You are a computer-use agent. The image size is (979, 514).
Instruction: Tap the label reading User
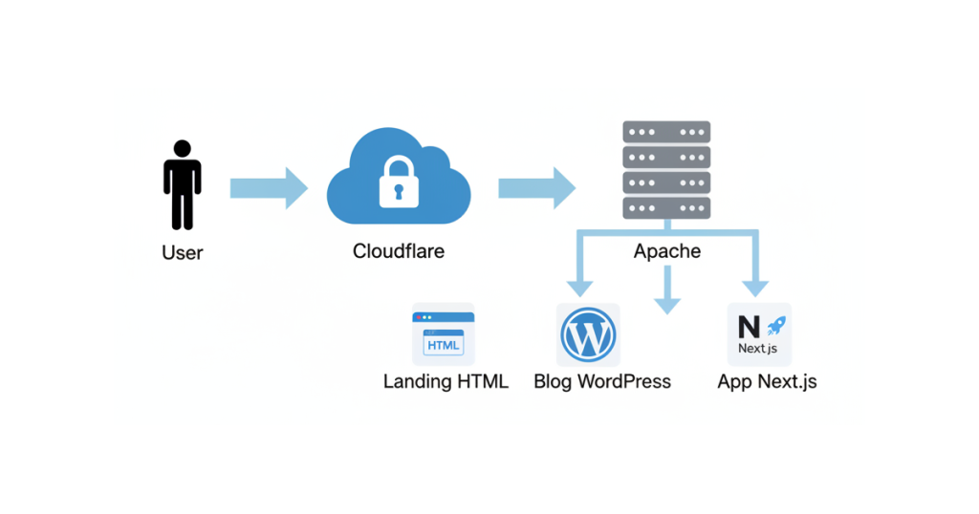click(182, 253)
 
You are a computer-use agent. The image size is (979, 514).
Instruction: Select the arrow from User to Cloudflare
click(269, 187)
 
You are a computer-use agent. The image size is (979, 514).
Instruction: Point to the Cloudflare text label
click(399, 252)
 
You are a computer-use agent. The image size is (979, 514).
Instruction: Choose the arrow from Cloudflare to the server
click(536, 187)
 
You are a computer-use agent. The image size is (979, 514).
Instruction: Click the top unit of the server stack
click(666, 132)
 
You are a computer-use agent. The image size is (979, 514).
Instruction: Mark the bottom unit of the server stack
click(666, 207)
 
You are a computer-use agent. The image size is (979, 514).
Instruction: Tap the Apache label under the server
click(666, 252)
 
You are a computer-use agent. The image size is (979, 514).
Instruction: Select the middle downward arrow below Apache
click(666, 291)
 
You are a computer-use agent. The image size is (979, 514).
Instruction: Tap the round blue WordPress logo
click(588, 334)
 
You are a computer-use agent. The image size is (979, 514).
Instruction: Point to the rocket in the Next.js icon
click(775, 326)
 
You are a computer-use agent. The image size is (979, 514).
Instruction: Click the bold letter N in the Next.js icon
click(749, 327)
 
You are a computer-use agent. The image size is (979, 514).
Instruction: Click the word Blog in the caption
click(554, 382)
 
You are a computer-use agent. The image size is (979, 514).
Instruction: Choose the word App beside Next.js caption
click(735, 382)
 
